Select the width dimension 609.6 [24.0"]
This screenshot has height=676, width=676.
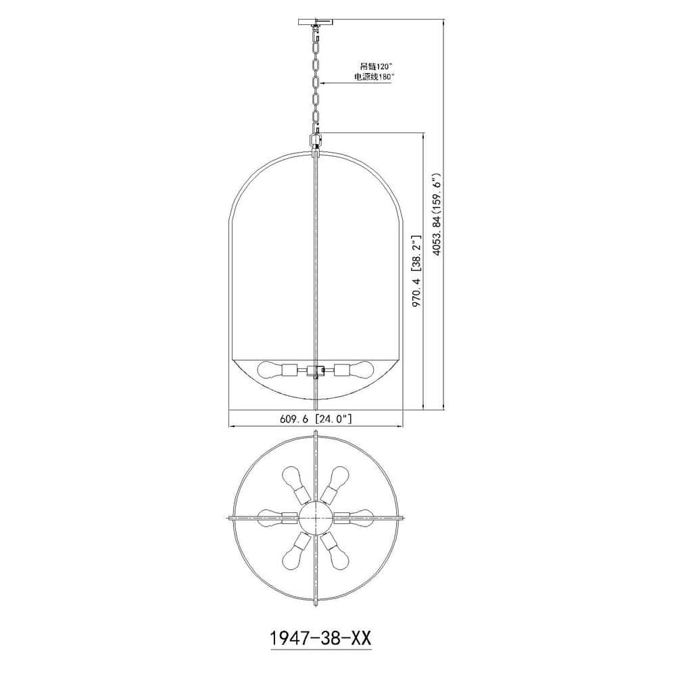(316, 418)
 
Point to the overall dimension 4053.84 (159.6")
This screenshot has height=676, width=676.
(437, 215)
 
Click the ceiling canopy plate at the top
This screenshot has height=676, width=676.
(316, 22)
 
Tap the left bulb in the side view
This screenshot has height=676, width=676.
(269, 370)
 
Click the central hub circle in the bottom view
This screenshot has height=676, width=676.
(316, 518)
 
